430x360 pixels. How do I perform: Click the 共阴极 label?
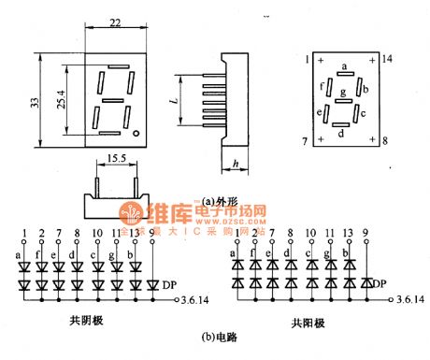(x=87, y=320)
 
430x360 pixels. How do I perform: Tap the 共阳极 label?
(x=307, y=323)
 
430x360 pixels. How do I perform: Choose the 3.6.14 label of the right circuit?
(x=408, y=299)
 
